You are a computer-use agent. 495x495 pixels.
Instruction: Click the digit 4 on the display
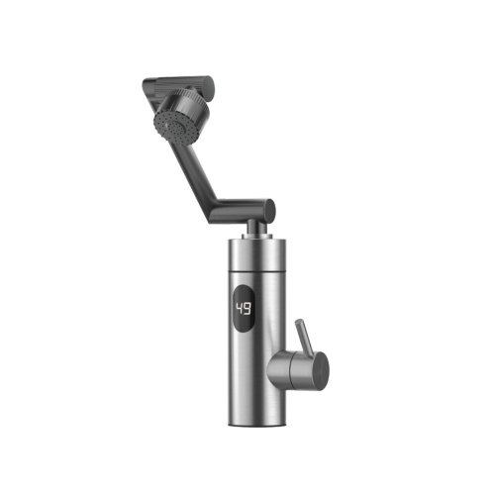(240, 308)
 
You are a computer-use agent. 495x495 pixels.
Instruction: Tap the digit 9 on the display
(247, 308)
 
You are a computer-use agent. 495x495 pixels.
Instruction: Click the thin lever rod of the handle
(304, 336)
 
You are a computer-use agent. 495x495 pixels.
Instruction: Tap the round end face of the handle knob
(321, 370)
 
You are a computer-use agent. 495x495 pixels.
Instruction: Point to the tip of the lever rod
(298, 321)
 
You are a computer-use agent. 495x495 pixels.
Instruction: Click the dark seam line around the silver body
(256, 270)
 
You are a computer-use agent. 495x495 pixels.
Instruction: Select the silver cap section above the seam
(256, 253)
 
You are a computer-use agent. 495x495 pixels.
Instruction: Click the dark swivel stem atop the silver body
(255, 227)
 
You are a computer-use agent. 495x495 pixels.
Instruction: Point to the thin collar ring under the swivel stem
(256, 237)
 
